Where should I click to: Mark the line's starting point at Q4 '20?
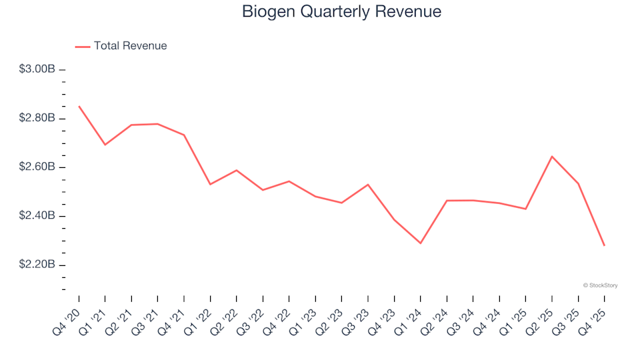pyautogui.click(x=79, y=106)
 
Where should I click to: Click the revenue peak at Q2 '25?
pyautogui.click(x=552, y=156)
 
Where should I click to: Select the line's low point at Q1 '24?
pyautogui.click(x=421, y=243)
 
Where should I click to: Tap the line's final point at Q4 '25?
pyautogui.click(x=605, y=246)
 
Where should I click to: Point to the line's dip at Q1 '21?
pyautogui.click(x=105, y=145)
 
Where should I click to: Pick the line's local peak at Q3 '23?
pyautogui.click(x=368, y=185)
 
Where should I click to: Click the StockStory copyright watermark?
pyautogui.click(x=600, y=285)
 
